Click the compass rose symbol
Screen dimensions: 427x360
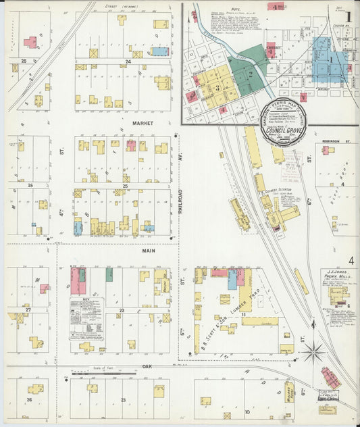[313, 351]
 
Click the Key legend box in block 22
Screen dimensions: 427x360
[85, 318]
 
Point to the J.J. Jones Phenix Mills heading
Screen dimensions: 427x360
[337, 275]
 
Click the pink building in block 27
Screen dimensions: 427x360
[44, 288]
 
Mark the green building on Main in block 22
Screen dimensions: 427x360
[109, 274]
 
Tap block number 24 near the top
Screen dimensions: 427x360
[127, 61]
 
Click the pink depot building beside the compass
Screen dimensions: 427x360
[331, 378]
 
